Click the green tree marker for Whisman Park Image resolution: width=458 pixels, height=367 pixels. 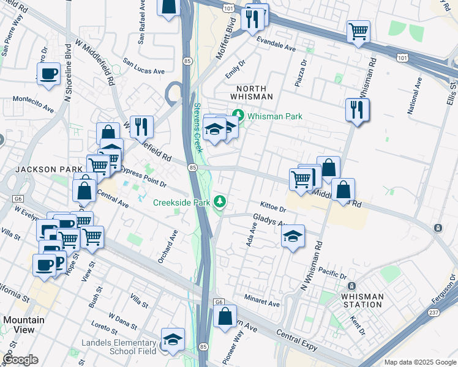coord(238,116)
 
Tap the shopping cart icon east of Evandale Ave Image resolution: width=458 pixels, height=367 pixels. coord(358,31)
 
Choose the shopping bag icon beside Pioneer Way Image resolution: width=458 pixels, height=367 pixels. coord(225,317)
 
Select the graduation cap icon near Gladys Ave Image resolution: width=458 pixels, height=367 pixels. coord(293,236)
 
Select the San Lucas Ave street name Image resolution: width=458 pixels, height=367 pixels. coord(144,66)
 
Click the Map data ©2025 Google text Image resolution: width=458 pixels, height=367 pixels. coord(419,362)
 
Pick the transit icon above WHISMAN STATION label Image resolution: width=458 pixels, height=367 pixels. coord(351,286)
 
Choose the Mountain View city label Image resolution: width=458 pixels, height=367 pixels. coord(24,325)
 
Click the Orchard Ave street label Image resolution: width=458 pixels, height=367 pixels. coord(168,247)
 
